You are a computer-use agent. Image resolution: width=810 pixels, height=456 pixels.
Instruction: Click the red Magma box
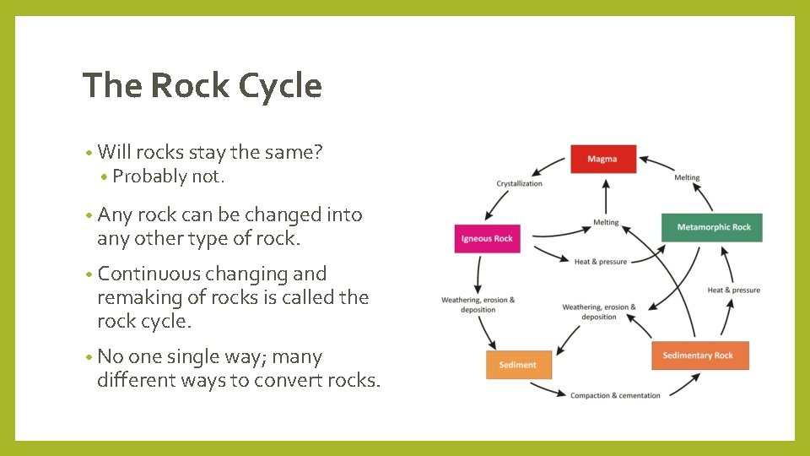point(602,159)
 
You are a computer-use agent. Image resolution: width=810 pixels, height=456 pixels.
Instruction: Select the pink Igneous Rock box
point(487,238)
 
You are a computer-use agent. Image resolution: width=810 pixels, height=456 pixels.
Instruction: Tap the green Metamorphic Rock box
point(713,227)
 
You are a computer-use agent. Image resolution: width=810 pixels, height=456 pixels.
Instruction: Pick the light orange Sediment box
point(517,365)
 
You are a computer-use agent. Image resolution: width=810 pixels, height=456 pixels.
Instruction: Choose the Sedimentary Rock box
point(699,356)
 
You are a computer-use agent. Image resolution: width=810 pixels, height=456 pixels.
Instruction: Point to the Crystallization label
point(519,183)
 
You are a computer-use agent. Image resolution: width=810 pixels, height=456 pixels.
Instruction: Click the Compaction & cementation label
point(615,395)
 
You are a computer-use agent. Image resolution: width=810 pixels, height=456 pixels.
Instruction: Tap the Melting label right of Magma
point(687,177)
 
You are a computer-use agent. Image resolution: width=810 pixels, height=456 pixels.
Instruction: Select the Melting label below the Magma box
point(606,222)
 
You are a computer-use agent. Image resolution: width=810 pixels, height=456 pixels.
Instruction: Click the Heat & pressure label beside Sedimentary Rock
point(733,290)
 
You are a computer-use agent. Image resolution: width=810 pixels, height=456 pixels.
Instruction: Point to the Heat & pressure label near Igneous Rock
point(601,262)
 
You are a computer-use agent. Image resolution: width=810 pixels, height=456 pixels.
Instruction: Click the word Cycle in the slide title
point(280,86)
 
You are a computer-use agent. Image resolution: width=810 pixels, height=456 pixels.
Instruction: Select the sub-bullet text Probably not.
point(169,176)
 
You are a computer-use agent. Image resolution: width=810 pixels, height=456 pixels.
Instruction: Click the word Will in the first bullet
point(114,153)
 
